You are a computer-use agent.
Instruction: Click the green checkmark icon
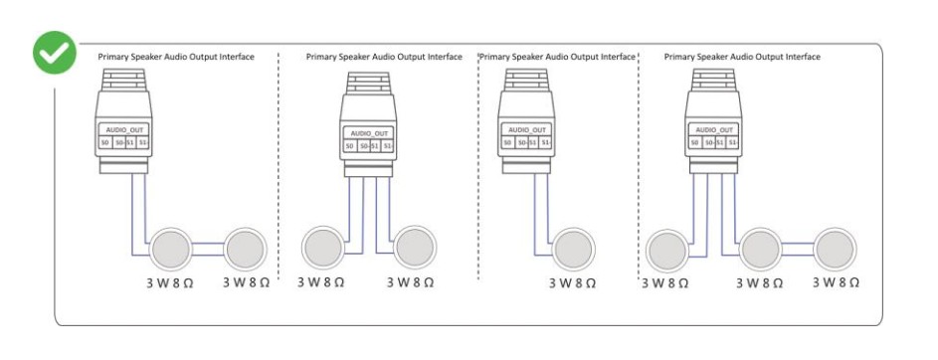55,53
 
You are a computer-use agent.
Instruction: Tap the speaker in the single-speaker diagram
573,250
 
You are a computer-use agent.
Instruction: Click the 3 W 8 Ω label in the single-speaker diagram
573,283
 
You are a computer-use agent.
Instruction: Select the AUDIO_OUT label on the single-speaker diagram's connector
526,130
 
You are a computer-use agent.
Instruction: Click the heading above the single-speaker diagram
558,57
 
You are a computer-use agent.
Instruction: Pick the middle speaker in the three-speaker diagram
760,250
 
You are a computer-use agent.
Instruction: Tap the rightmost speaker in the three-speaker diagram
835,249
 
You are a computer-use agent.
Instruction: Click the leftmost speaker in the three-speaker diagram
668,250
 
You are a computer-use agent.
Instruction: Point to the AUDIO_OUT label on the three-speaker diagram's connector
713,129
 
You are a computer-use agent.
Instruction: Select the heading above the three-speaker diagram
742,57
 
